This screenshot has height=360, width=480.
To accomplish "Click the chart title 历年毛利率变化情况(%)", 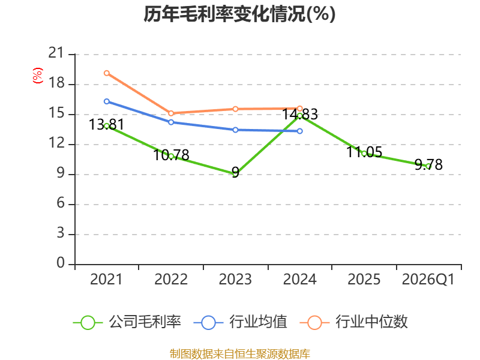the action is [239, 14].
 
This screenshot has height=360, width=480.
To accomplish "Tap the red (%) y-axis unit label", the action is [38, 76].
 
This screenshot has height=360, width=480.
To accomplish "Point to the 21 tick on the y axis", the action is [56, 53].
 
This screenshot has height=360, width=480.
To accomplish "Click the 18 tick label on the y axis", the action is [56, 83].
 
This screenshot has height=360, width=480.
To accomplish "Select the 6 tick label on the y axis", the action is [61, 203].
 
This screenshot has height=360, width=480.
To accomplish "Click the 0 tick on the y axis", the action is [61, 263].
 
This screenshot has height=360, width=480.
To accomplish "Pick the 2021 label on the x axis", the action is [106, 280].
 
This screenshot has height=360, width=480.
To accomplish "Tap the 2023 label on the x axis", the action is [235, 280].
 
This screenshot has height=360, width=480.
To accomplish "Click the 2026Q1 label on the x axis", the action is [428, 280].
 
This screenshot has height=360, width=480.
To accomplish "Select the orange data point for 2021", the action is [107, 73].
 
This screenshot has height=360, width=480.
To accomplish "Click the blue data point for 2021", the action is [107, 101].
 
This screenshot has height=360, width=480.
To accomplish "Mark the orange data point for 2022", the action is [171, 113].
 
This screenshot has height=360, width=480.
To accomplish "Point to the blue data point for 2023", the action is [235, 130].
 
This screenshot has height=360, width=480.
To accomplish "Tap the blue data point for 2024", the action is [299, 131].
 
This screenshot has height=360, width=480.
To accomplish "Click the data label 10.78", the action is [171, 155].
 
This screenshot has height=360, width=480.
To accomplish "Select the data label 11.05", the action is [364, 152].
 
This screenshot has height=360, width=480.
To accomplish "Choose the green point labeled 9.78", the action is [428, 166].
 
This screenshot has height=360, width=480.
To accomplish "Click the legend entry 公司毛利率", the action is [127, 322].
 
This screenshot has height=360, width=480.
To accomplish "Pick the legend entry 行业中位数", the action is [353, 322].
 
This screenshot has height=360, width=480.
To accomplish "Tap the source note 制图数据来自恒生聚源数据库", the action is [240, 354].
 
